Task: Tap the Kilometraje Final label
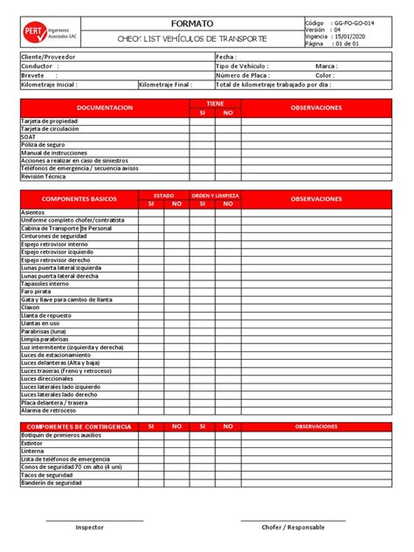point(165,85)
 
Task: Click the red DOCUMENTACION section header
point(105,107)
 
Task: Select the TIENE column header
point(215,103)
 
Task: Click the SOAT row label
point(28,136)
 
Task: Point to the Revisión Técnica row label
point(43,176)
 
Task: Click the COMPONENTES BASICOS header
point(79,199)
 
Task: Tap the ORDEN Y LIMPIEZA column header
point(215,195)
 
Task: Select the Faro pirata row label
point(36,291)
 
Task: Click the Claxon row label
point(31,307)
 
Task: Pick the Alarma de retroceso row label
point(48,411)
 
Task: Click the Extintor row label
point(31,443)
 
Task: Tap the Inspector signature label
point(89,528)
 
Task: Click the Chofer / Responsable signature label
point(293,528)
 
